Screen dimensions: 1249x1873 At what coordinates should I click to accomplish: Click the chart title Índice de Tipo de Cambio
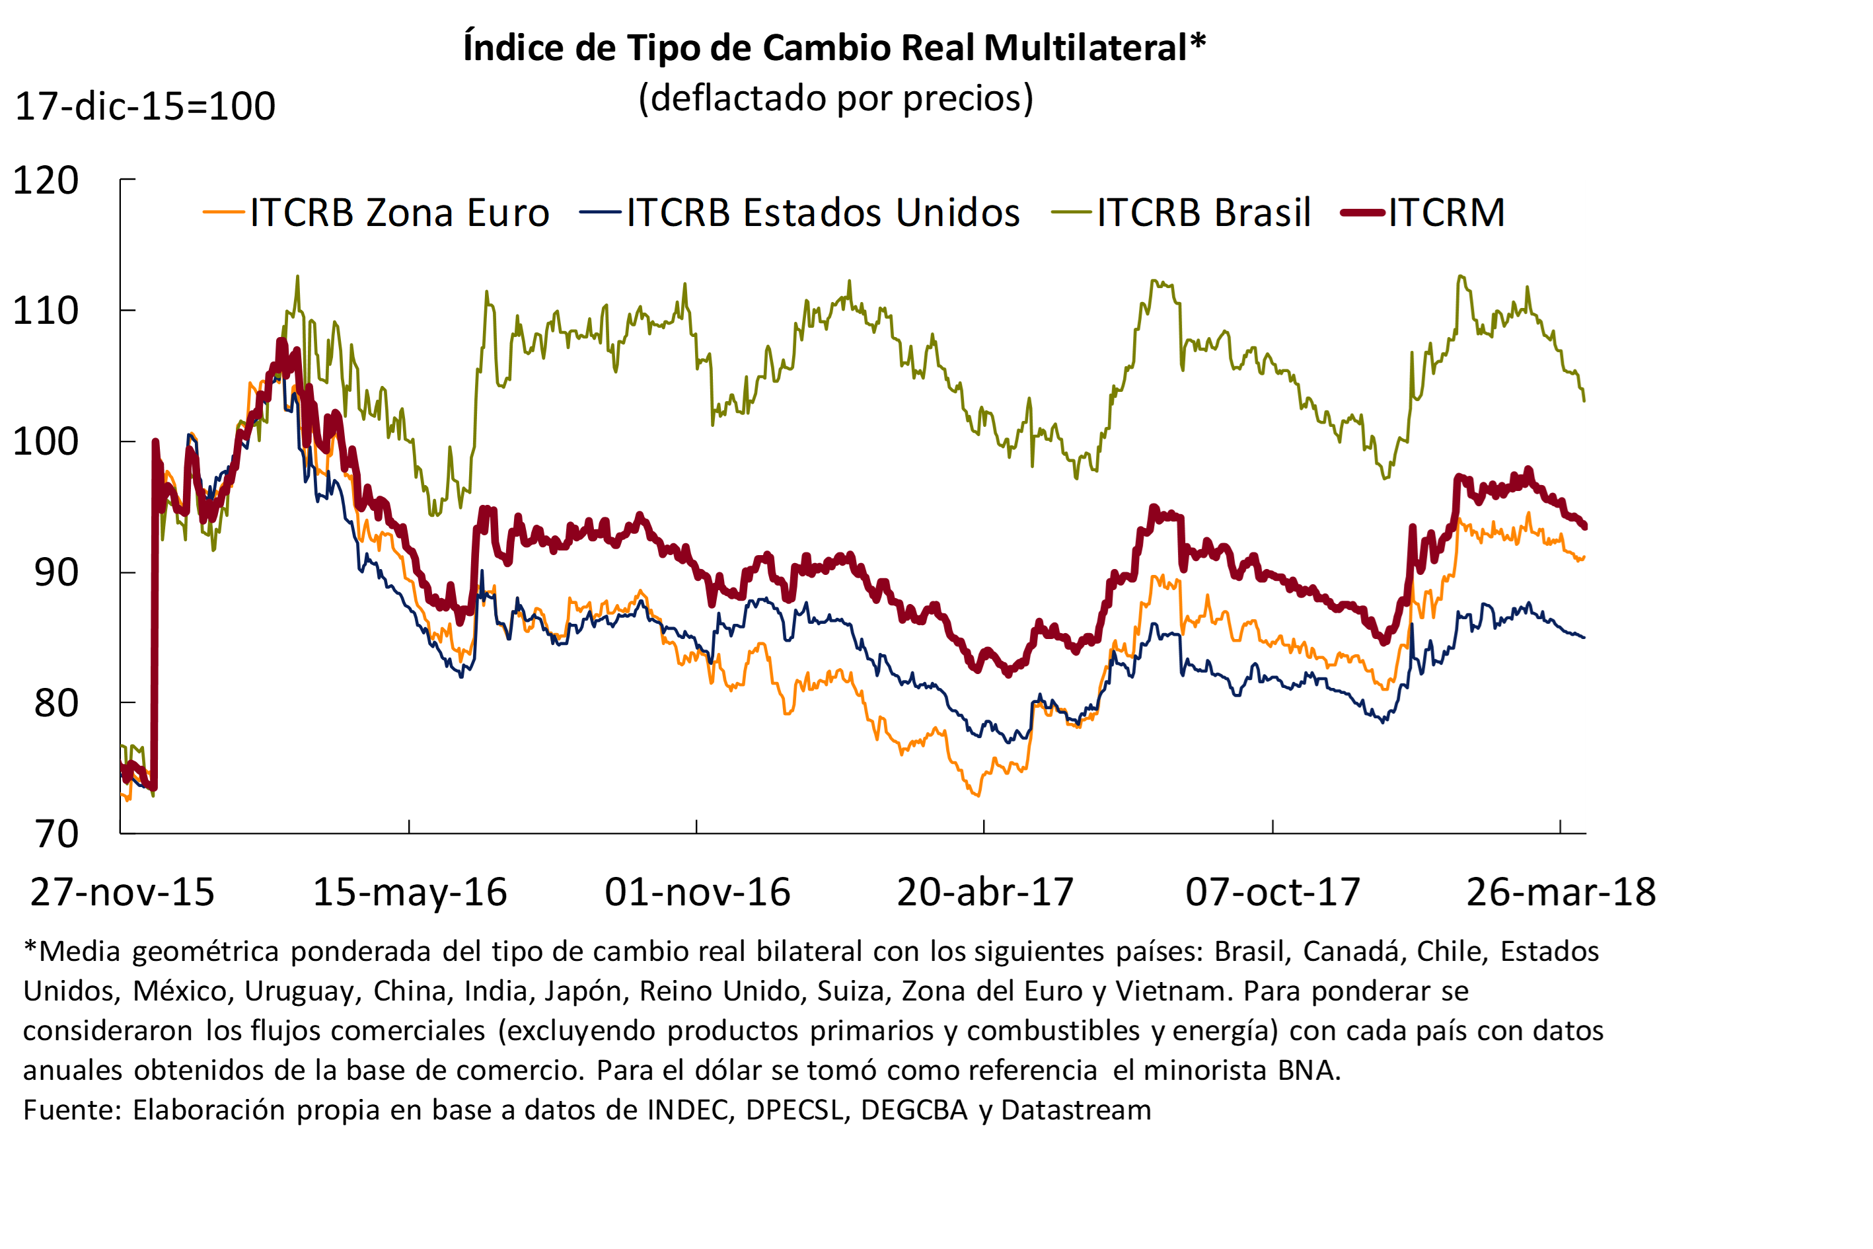click(x=834, y=48)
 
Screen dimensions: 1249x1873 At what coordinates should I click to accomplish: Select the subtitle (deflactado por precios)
click(x=835, y=98)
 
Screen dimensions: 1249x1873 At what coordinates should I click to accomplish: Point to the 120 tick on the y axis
click(x=46, y=181)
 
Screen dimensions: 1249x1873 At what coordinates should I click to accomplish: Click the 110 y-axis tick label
click(x=46, y=311)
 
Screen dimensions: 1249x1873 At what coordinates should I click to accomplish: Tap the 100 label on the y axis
click(x=46, y=442)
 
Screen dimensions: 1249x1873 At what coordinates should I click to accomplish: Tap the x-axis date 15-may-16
click(x=410, y=893)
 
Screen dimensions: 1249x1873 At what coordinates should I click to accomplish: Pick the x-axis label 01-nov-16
click(x=698, y=893)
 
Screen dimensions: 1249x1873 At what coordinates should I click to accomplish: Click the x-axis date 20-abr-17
click(x=985, y=893)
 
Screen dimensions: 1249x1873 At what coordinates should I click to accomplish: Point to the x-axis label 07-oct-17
click(x=1272, y=893)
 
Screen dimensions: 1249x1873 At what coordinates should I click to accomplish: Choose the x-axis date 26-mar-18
click(x=1561, y=893)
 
